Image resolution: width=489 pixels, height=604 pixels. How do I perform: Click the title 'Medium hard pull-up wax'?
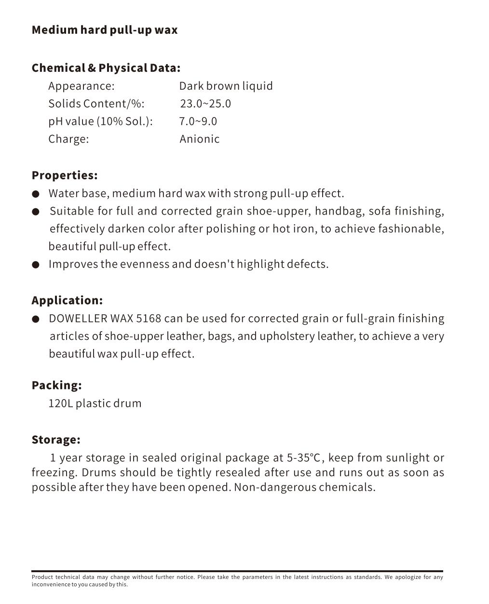click(x=105, y=30)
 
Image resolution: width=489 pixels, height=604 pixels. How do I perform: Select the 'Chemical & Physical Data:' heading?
click(x=106, y=68)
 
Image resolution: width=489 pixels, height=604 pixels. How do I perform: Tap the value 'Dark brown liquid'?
click(x=226, y=86)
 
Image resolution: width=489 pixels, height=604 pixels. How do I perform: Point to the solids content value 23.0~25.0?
click(x=205, y=104)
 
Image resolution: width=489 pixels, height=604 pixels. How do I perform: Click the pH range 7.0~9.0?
click(x=198, y=121)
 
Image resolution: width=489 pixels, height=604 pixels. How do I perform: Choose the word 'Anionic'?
click(x=199, y=139)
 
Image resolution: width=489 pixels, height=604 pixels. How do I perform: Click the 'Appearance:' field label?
click(x=81, y=86)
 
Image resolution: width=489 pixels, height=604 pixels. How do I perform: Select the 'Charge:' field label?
click(x=68, y=139)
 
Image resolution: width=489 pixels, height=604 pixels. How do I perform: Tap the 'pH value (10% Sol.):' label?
click(x=100, y=121)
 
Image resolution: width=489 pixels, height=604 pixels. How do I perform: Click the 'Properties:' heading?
click(x=65, y=175)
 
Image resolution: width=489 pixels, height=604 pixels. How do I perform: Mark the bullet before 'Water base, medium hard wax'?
click(x=36, y=194)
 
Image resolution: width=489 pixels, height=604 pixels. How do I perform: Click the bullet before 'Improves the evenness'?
click(x=36, y=265)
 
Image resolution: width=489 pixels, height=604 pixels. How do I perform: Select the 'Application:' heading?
click(x=67, y=300)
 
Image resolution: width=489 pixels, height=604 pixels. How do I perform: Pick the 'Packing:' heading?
click(x=56, y=385)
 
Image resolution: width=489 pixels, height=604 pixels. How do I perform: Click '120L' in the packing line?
click(x=60, y=403)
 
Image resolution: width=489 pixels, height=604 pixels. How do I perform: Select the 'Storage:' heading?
click(x=56, y=440)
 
